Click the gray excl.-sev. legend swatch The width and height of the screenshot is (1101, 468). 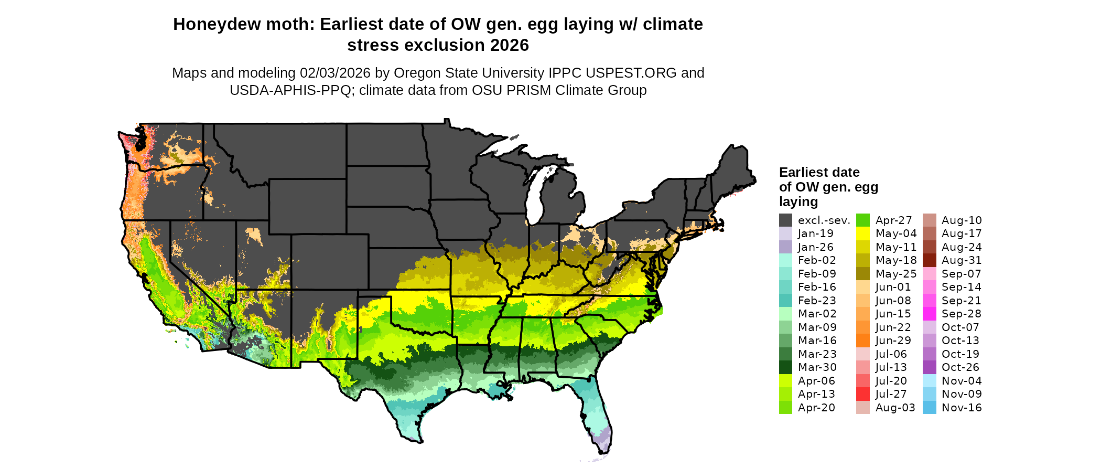point(785,220)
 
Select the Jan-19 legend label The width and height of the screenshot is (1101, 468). point(815,233)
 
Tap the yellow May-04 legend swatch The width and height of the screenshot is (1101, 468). point(862,233)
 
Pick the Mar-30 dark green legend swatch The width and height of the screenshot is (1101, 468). point(785,367)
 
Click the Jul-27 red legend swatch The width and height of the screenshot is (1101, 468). point(862,394)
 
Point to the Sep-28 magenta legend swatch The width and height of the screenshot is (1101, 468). point(929,314)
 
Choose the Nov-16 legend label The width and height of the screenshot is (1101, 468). point(962,408)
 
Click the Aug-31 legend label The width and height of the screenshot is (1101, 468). point(962,260)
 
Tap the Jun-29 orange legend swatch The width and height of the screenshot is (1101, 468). point(862,341)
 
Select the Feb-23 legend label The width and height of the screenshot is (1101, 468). point(817,301)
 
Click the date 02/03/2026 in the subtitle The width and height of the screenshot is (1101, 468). point(335,73)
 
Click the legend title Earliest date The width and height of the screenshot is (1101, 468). point(819,172)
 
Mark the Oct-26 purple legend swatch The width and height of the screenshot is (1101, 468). point(929,367)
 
